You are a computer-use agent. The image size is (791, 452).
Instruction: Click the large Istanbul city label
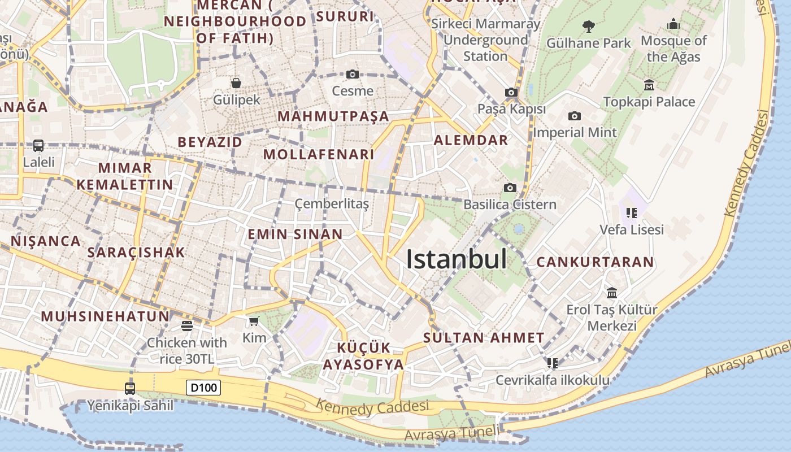pyautogui.click(x=457, y=259)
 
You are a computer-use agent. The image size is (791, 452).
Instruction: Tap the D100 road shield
pyautogui.click(x=203, y=388)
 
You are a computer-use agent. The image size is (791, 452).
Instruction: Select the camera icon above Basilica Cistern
pyautogui.click(x=510, y=188)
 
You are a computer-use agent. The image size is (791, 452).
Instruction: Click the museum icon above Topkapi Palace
pyautogui.click(x=649, y=85)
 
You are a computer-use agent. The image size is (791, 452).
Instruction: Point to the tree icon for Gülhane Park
pyautogui.click(x=588, y=26)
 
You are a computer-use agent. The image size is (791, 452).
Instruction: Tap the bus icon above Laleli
pyautogui.click(x=38, y=145)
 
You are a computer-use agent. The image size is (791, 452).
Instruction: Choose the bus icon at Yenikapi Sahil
pyautogui.click(x=130, y=388)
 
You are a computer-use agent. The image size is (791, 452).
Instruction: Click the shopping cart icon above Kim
pyautogui.click(x=254, y=321)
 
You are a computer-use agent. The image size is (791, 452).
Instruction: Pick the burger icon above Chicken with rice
pyautogui.click(x=186, y=325)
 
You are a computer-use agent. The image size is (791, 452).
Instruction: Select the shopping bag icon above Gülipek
pyautogui.click(x=236, y=83)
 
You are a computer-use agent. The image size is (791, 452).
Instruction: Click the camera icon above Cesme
pyautogui.click(x=353, y=74)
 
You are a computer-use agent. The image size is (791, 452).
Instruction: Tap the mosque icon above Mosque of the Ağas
pyautogui.click(x=673, y=24)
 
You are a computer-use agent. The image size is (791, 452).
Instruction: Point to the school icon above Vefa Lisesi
pyautogui.click(x=632, y=213)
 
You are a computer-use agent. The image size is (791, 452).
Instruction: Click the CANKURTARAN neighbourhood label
pyautogui.click(x=595, y=262)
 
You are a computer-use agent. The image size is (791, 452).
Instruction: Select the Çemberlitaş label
pyautogui.click(x=332, y=204)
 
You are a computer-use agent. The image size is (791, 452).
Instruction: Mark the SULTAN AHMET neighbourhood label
pyautogui.click(x=484, y=338)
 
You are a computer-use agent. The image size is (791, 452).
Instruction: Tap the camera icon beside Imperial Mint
pyautogui.click(x=575, y=116)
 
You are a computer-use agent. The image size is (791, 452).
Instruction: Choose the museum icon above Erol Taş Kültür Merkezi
pyautogui.click(x=612, y=293)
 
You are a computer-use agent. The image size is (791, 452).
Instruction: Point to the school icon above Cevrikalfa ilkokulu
pyautogui.click(x=552, y=363)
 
